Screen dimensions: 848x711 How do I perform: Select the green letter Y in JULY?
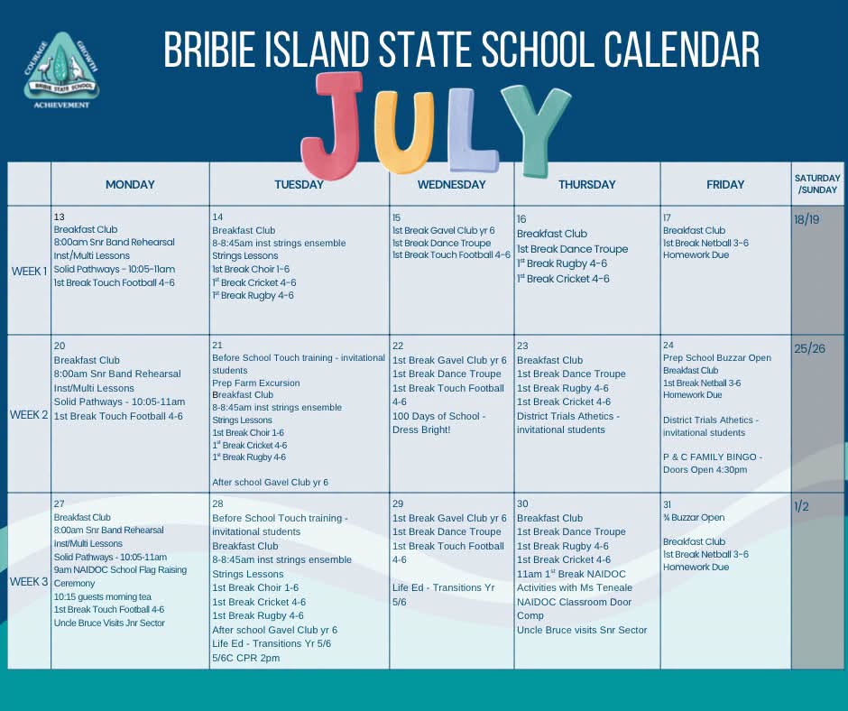(x=535, y=130)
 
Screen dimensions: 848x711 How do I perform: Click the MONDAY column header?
(x=130, y=184)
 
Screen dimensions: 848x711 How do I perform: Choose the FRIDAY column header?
(x=725, y=184)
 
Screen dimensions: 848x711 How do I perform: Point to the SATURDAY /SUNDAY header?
(x=817, y=184)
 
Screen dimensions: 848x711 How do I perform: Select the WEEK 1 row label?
(x=29, y=271)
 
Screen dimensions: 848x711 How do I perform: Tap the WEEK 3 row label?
(x=29, y=582)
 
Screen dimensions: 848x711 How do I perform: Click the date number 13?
(x=59, y=217)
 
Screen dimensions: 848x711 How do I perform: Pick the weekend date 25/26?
(x=809, y=348)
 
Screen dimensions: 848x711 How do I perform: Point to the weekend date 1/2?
(x=801, y=506)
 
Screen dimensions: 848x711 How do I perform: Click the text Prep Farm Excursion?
(x=256, y=383)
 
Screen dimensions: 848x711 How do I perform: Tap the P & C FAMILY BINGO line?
(x=713, y=457)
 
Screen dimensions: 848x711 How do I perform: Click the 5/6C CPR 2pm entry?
(x=246, y=658)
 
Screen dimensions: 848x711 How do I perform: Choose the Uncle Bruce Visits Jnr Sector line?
(x=109, y=623)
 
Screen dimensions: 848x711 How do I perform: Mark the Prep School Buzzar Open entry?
(x=717, y=357)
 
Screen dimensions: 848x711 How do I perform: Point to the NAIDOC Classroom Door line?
(x=574, y=602)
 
